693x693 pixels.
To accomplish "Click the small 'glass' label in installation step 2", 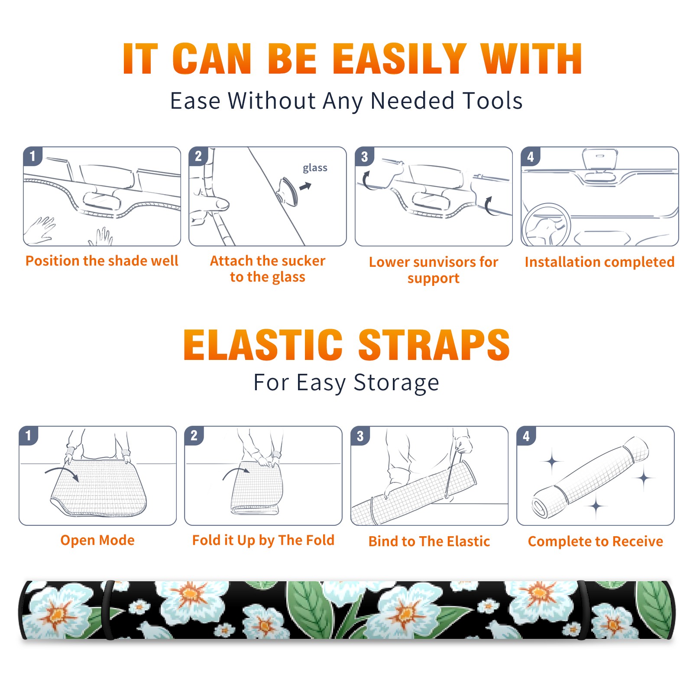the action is [315, 168].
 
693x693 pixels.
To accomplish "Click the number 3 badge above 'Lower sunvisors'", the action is [364, 156].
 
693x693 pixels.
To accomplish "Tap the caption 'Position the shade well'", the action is [102, 261].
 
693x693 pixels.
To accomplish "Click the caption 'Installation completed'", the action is [599, 262].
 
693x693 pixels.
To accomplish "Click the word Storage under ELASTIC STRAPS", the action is [396, 383].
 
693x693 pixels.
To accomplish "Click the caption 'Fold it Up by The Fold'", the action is [263, 541].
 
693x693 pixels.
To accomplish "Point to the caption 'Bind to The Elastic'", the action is [429, 541].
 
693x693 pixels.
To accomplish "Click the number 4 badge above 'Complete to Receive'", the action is [526, 436].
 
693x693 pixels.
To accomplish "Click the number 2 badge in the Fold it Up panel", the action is [194, 435].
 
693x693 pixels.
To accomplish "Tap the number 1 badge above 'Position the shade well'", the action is [32, 156].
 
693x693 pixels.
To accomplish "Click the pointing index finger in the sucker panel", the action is [212, 204].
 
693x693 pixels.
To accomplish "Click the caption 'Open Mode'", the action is [97, 541].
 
